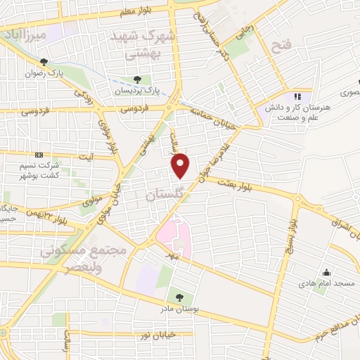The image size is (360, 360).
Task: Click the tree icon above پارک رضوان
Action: (45, 61)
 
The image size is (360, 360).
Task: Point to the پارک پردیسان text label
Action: (137, 90)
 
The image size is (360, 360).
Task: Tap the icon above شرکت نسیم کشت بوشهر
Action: (39, 155)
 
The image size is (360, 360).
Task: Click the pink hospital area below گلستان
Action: (175, 238)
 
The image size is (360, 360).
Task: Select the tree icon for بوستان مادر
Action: (179, 297)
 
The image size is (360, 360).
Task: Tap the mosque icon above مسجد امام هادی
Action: (326, 272)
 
